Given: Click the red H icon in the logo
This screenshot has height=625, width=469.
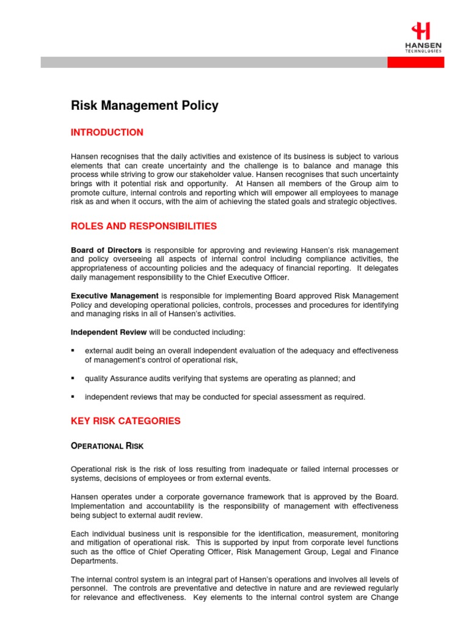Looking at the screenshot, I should pos(421,31).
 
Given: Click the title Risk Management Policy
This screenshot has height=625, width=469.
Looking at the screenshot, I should pos(145,106).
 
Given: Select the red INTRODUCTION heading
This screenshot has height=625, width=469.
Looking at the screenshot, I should pos(107,132).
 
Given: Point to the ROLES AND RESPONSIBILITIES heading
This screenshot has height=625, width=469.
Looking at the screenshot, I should pos(144,226).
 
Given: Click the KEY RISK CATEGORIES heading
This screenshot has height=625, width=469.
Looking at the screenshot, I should pos(126,421).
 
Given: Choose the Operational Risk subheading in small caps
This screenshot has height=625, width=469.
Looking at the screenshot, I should pos(107,446).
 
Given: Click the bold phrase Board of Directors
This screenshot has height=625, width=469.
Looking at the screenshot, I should pos(106,250).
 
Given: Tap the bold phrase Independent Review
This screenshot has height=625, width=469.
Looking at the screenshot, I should pos(109,332).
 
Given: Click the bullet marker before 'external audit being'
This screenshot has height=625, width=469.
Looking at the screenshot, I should pos(73,351).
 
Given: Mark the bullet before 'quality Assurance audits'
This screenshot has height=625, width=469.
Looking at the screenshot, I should pos(73,378).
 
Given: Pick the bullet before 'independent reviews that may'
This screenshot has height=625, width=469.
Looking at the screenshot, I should pos(73,397).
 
